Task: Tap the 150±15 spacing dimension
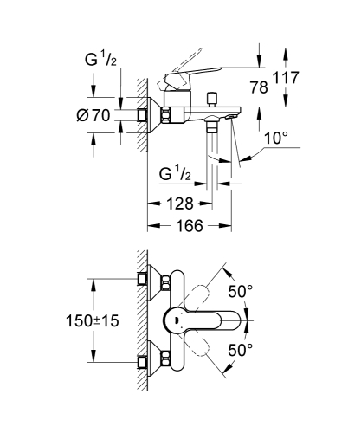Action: point(93,320)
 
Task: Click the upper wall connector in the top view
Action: point(143,281)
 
